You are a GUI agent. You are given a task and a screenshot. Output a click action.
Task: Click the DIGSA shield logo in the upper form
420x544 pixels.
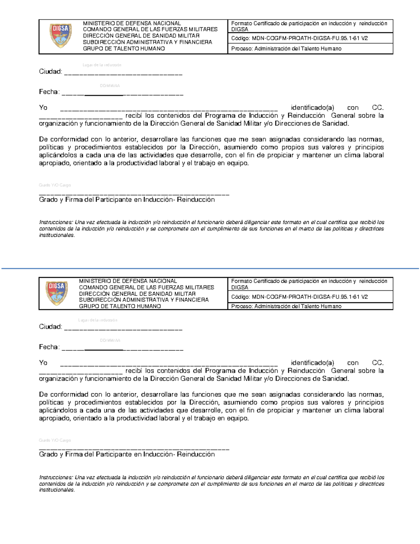(x=61, y=36)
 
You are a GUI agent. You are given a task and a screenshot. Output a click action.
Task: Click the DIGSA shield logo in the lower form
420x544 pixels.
(x=56, y=293)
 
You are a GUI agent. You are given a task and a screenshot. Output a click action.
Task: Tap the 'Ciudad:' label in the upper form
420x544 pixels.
(x=50, y=72)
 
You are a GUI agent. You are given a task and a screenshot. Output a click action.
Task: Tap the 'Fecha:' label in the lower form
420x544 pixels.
(x=49, y=347)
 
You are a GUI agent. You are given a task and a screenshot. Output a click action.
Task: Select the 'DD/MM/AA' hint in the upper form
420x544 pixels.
(x=110, y=86)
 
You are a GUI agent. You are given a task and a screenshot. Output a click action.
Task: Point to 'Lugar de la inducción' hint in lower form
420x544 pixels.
(x=98, y=320)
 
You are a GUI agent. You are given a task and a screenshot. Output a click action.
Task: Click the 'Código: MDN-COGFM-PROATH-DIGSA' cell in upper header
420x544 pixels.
(x=299, y=38)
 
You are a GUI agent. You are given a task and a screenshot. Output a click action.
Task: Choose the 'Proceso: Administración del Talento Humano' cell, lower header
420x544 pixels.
(x=286, y=306)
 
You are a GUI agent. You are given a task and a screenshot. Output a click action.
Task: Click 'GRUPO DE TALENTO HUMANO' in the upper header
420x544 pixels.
(x=124, y=49)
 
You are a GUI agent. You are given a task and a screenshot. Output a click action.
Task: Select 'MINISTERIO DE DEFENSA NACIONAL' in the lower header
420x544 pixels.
(x=128, y=281)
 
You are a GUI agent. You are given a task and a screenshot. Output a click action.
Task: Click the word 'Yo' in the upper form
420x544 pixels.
(x=43, y=108)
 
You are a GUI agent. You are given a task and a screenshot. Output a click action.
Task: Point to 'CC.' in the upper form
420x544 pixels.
(x=378, y=108)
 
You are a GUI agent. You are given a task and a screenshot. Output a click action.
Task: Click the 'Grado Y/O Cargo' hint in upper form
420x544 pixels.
(x=55, y=185)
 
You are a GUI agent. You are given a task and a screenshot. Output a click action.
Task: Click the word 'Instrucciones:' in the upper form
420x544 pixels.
(x=56, y=222)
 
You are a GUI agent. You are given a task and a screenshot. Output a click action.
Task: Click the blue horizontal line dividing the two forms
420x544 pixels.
(x=210, y=269)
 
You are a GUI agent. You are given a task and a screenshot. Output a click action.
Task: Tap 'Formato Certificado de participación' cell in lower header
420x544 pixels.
(x=309, y=284)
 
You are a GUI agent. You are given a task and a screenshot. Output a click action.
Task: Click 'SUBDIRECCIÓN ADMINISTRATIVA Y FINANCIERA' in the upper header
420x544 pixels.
(x=147, y=42)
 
